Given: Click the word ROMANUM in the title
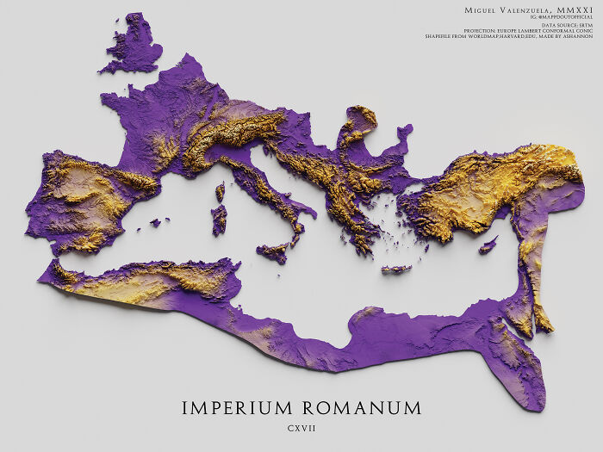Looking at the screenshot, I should pyautogui.click(x=361, y=407).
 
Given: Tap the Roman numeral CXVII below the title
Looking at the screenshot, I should pyautogui.click(x=301, y=428).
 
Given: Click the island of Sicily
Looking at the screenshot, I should pyautogui.click(x=273, y=253).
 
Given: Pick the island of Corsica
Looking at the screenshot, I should pyautogui.click(x=221, y=191).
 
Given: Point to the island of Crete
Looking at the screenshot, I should pyautogui.click(x=396, y=269).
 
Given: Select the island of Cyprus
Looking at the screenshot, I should pyautogui.click(x=488, y=245).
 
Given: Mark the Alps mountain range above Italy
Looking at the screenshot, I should pyautogui.click(x=233, y=133).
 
